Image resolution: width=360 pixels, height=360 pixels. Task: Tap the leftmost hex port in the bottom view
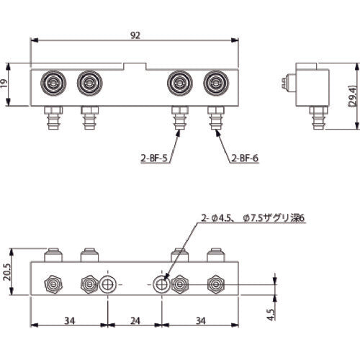click(52, 284)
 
